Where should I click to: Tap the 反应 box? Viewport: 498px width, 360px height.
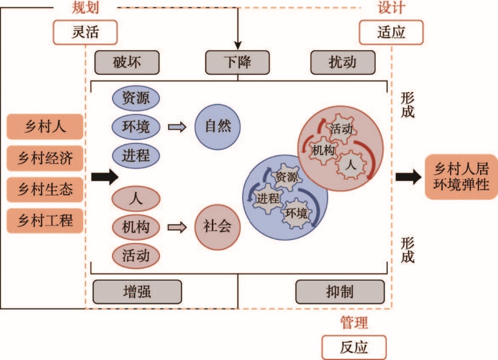coord(353,347)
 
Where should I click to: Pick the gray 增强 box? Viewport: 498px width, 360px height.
coord(137,292)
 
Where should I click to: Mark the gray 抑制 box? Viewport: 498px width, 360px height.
coord(340,292)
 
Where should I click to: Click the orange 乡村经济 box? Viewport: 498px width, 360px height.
coord(45,157)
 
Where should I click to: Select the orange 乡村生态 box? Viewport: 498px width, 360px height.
coord(45,188)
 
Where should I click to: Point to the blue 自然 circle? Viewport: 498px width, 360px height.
coord(217,127)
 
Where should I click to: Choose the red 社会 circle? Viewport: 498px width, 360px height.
coord(217,227)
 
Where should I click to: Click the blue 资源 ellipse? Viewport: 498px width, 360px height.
coord(136,97)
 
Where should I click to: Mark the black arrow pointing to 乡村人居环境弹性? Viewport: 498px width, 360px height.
coord(408,177)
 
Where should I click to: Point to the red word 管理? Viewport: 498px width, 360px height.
coord(354,322)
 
